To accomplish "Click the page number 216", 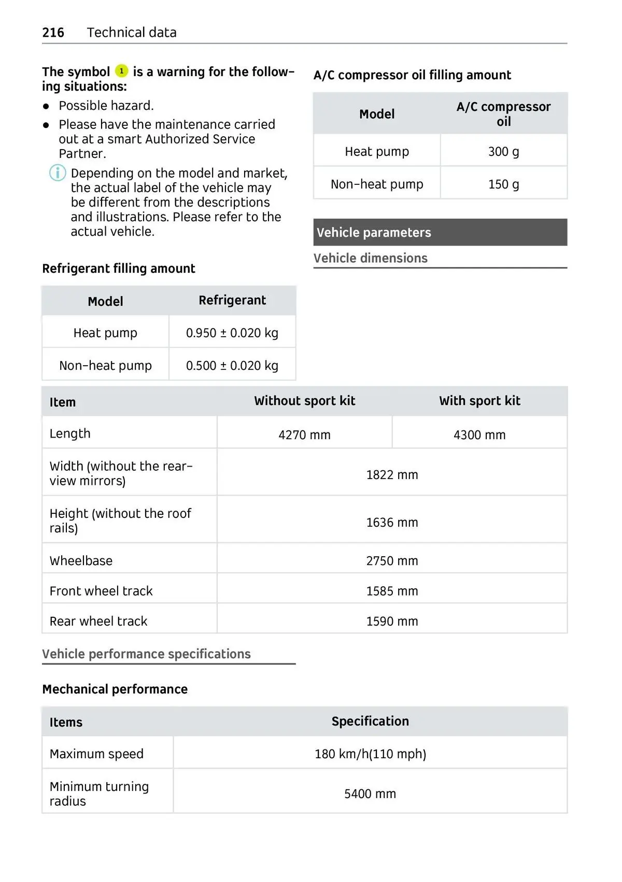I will tap(53, 33).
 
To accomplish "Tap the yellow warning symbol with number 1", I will tap(121, 71).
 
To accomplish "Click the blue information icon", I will tap(58, 172).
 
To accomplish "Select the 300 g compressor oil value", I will tap(503, 152).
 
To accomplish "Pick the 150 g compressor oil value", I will tap(503, 184).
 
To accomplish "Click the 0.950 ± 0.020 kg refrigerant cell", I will tap(232, 333).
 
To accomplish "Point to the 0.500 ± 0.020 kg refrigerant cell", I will tap(232, 366).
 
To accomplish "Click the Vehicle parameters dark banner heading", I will tap(374, 233).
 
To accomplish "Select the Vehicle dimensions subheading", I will tap(371, 258).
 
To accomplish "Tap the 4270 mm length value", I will tap(304, 435).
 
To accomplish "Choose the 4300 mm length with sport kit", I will tap(479, 435).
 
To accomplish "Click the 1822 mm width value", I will tap(392, 475).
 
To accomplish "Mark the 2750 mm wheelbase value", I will tap(392, 561).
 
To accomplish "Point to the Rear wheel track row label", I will tap(98, 621).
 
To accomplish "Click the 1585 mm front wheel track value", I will tap(392, 591).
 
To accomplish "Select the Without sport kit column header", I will tap(304, 401).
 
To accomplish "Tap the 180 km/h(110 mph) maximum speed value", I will tap(370, 754).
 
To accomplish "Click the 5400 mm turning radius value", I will tap(370, 794).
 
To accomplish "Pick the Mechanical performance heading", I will tap(115, 689).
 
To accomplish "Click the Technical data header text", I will tap(132, 33).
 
